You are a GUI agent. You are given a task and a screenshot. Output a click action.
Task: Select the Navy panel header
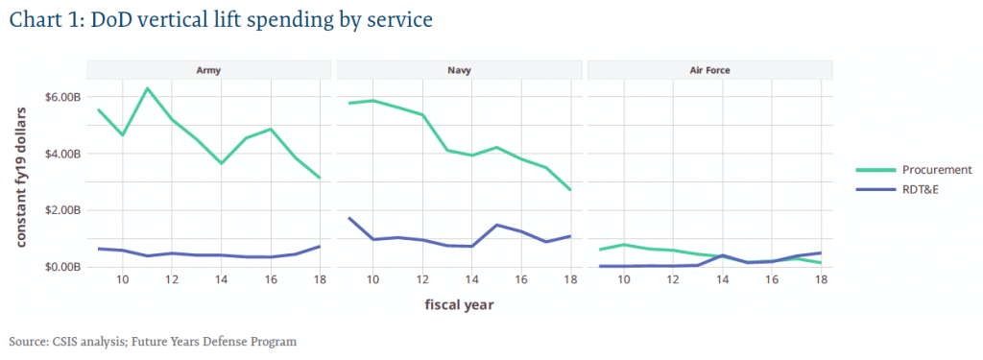tap(459, 70)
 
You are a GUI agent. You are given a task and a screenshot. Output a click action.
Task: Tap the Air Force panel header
tap(709, 70)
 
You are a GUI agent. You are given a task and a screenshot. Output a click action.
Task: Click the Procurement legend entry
tap(917, 170)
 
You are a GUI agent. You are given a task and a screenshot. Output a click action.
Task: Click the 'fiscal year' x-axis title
tap(459, 305)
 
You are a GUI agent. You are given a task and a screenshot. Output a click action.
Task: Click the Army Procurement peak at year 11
tap(147, 88)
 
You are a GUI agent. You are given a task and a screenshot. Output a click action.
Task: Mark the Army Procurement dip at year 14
tap(221, 163)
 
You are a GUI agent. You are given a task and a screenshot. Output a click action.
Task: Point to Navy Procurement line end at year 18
tap(570, 190)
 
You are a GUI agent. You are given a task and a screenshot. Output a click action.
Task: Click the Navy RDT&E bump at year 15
tap(496, 225)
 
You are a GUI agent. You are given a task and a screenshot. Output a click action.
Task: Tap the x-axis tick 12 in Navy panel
tap(421, 280)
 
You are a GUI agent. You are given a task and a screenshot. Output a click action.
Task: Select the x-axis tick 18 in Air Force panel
tap(821, 280)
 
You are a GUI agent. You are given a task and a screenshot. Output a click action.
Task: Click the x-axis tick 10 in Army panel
tap(122, 280)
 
